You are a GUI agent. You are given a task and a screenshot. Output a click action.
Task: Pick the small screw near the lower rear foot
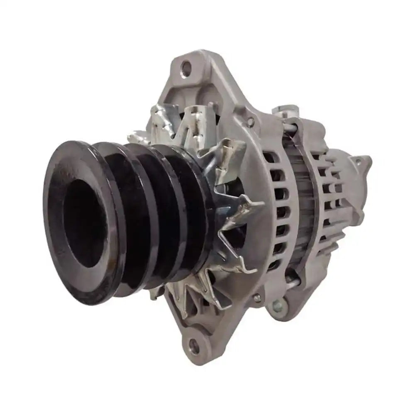click(x=258, y=297)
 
